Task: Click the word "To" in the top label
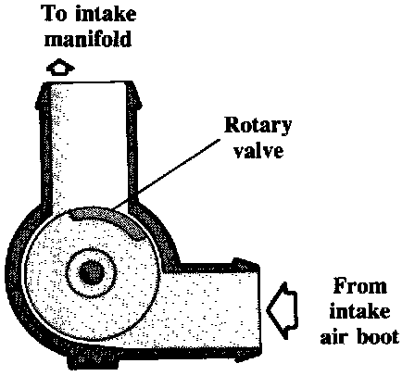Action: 55,14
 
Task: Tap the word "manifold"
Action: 88,39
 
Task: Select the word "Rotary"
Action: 258,126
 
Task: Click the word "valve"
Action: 258,150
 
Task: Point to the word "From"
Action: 360,286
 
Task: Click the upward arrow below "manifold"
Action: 60,67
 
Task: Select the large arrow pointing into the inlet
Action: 283,310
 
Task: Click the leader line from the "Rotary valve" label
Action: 165,174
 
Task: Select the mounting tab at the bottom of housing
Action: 93,360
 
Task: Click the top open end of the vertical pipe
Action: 88,82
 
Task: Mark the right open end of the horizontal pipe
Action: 259,309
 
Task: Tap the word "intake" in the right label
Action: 359,311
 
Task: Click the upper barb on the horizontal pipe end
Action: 245,263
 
